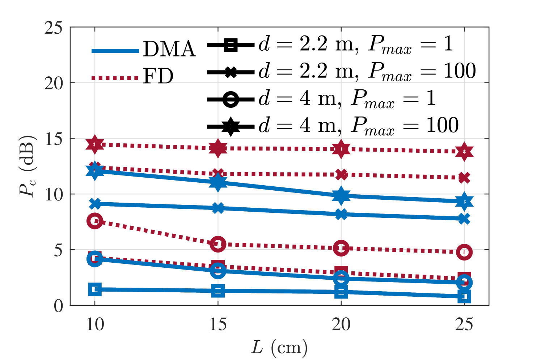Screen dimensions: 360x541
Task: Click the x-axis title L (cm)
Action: click(x=279, y=348)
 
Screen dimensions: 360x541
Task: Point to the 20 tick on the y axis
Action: click(x=54, y=83)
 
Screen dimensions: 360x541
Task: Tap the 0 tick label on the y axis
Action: click(x=58, y=306)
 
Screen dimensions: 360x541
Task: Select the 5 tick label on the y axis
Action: click(x=58, y=250)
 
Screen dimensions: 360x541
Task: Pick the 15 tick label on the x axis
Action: click(x=218, y=324)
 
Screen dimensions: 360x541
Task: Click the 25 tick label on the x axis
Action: click(x=464, y=324)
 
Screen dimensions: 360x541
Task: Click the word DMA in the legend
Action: click(x=169, y=49)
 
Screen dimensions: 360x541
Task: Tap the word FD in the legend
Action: click(x=158, y=76)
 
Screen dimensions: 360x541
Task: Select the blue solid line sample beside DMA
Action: click(x=115, y=51)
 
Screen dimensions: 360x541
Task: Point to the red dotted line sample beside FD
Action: click(x=115, y=78)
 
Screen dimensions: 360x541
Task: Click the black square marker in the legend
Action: click(x=231, y=45)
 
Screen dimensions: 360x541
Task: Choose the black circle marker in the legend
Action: click(x=231, y=99)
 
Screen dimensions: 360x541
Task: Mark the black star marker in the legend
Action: click(x=231, y=127)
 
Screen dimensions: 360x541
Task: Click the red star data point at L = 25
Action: click(x=464, y=152)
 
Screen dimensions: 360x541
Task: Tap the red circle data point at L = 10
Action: click(x=95, y=221)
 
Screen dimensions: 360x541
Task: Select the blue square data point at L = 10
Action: click(x=95, y=289)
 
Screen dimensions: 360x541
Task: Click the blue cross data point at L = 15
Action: click(x=218, y=208)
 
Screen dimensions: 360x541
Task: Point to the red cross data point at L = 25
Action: click(x=464, y=178)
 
